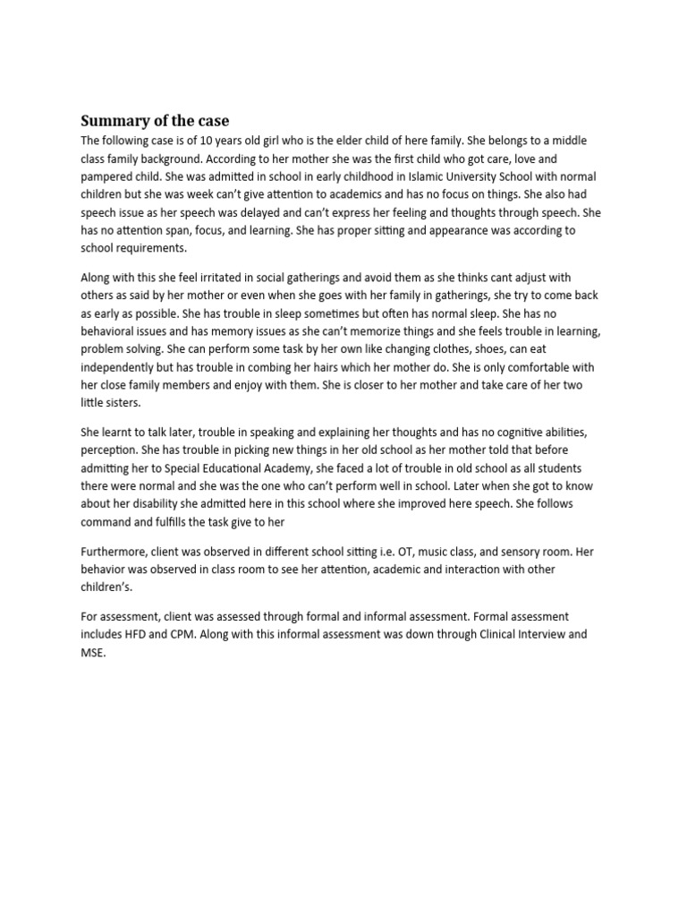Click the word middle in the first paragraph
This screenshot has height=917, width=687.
click(570, 141)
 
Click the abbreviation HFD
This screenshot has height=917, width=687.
click(146, 634)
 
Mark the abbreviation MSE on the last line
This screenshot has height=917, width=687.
click(93, 653)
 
